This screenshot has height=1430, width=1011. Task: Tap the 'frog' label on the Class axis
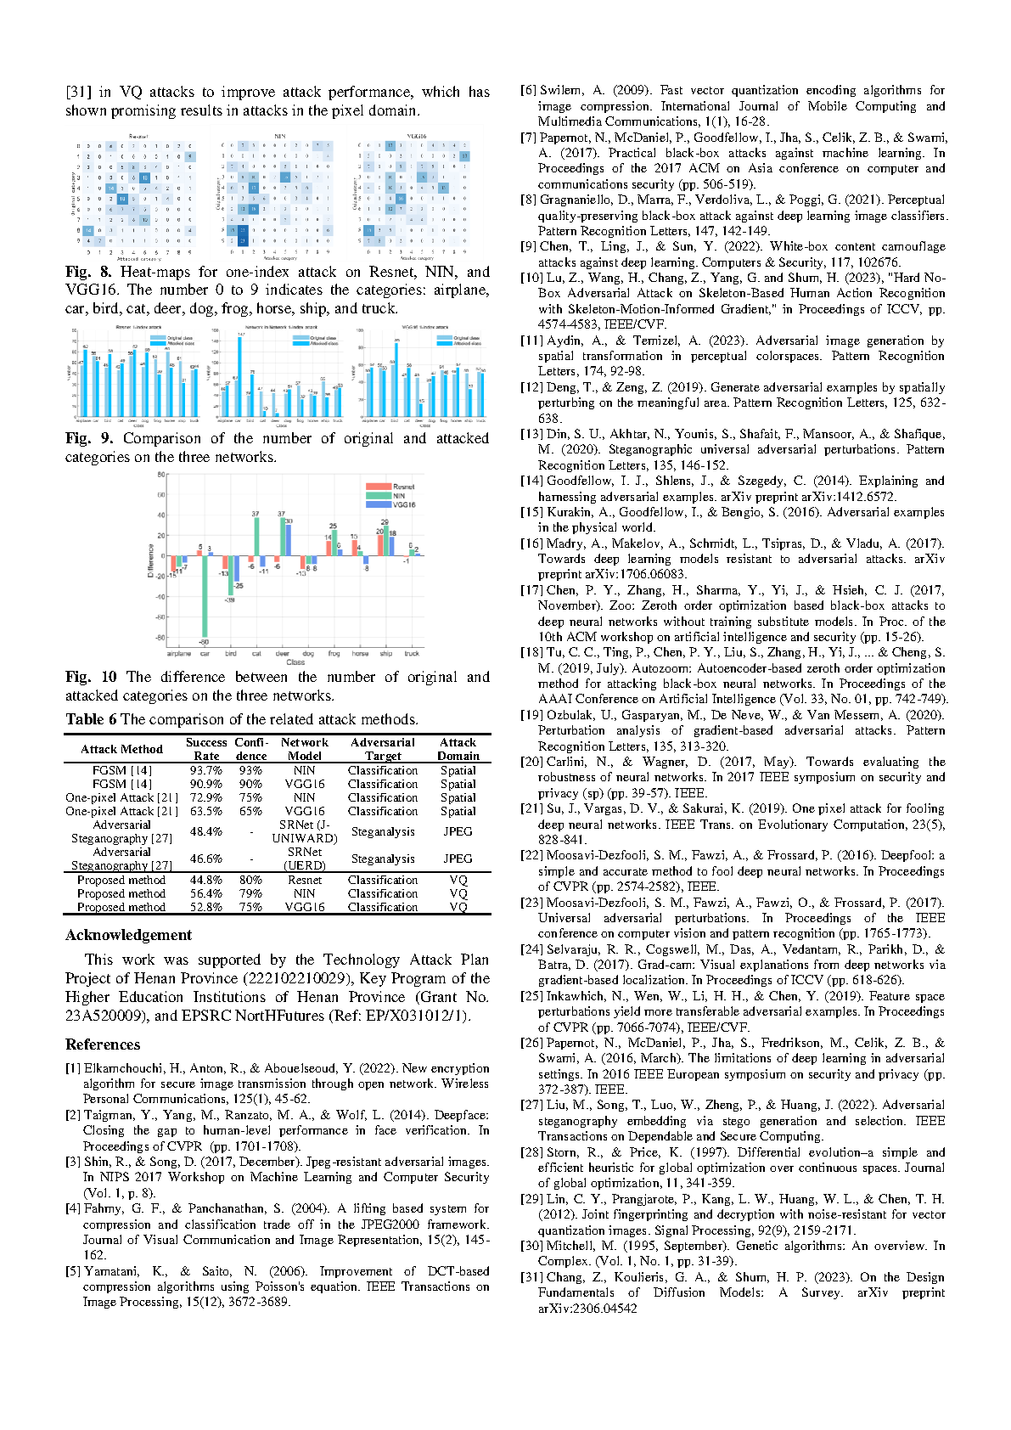[334, 654]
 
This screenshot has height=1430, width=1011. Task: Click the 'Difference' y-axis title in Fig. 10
[151, 561]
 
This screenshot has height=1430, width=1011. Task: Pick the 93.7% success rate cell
[206, 771]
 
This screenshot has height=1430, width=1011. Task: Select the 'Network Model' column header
[304, 749]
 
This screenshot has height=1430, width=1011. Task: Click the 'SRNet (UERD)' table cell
[305, 859]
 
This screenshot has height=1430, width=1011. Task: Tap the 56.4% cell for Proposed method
[206, 893]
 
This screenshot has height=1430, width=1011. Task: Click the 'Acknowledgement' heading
[128, 935]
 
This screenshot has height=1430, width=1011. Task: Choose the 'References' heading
[103, 1044]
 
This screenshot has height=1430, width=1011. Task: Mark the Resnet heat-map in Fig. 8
[136, 194]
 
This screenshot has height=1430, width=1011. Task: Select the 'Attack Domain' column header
[458, 749]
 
